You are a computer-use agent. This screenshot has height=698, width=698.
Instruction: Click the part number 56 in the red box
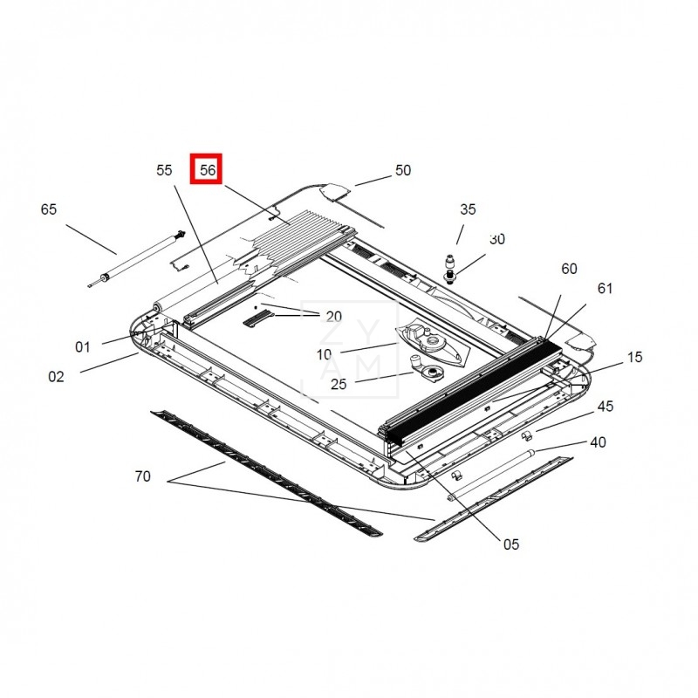coord(208,170)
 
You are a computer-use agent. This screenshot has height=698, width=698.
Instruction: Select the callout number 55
coord(164,170)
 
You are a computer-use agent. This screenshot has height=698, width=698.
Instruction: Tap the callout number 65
coord(49,209)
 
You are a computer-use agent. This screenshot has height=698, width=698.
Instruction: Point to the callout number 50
coord(403,170)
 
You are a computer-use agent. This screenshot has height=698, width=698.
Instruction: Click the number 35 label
coord(468,209)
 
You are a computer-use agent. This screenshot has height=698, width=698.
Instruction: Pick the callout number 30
coord(497,239)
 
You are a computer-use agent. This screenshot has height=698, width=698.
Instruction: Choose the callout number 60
coord(569,269)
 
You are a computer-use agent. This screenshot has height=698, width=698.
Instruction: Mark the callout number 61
coord(605,289)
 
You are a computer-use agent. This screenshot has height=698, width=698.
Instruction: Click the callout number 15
coord(635,357)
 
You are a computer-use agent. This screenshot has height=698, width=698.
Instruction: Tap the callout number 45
coord(605,406)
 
